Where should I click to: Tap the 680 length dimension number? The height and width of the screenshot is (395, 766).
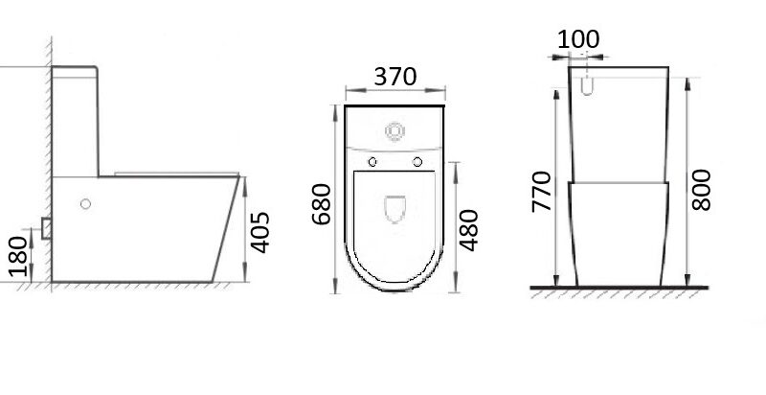pos(322,204)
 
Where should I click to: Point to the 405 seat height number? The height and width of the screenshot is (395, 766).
pos(260,232)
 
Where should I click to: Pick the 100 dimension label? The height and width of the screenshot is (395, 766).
pos(578,39)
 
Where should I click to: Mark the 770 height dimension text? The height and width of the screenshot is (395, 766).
pos(542,194)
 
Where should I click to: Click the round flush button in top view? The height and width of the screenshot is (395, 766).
pos(394,129)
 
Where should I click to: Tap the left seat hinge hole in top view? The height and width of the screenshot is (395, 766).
pos(372,161)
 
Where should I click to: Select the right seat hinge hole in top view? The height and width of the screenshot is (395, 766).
pos(417,161)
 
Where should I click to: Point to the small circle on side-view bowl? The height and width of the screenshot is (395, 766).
pos(86,203)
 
